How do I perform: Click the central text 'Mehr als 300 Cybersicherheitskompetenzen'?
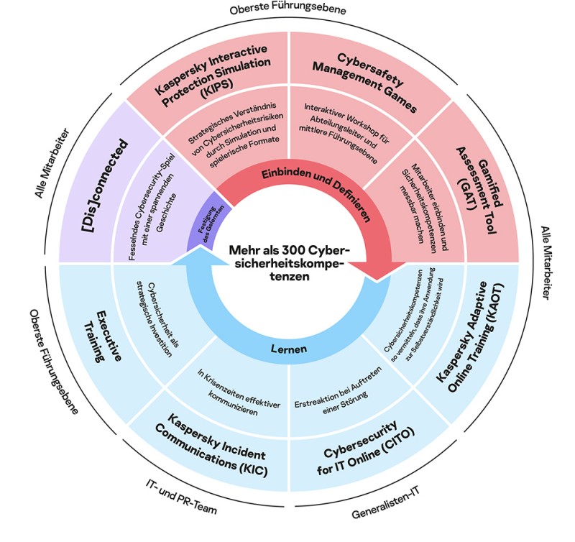[287, 262]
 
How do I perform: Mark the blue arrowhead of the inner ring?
[197, 267]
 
